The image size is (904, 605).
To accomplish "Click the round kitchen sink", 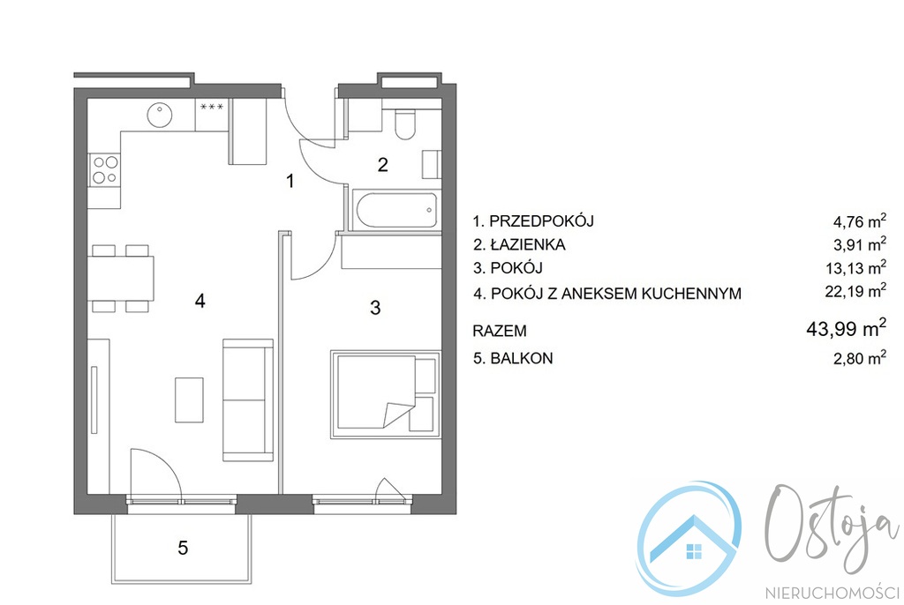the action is pos(160,115).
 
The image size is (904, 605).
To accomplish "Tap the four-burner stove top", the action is pos(104,170).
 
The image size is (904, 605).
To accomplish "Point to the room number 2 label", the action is pos(383,166).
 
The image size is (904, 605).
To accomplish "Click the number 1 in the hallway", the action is pos(290,181).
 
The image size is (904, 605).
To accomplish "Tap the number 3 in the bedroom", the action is pos(375,308).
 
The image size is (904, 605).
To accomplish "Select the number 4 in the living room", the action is pos(200,301).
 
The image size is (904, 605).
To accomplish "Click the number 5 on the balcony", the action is pos(183,548).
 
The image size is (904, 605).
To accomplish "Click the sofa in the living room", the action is pos(248,400).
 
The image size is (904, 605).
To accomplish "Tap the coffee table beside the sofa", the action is pos(189,400).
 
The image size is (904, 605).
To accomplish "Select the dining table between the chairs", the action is pos(121,279).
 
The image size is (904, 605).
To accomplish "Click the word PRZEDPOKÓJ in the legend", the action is pos(541,221).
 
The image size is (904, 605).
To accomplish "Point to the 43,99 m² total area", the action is pos(846,328).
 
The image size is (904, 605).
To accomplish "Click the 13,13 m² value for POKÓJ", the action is pos(855,268).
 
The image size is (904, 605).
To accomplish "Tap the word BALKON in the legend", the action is pos(521,358).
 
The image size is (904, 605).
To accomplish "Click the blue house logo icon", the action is pos(689,539).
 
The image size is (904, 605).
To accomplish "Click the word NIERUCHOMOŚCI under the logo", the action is pos(832,593).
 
